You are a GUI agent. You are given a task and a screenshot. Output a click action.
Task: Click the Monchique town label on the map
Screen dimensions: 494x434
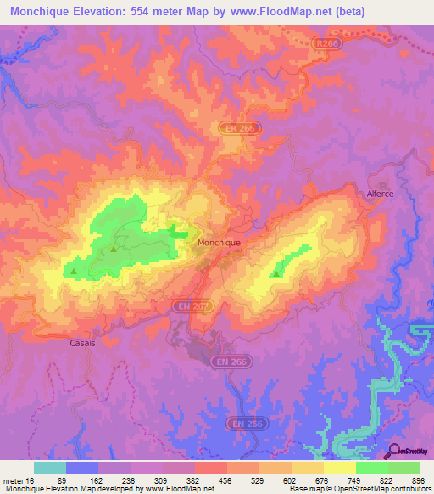tap(219, 242)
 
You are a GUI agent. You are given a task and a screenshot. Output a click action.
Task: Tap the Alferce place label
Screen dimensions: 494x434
tap(380, 194)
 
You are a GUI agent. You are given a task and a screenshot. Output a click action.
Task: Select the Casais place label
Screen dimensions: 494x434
tap(81, 344)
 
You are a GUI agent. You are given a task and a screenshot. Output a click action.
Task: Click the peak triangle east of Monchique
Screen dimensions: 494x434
tap(276, 273)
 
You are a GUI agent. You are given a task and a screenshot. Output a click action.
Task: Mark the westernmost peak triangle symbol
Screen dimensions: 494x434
tap(74, 272)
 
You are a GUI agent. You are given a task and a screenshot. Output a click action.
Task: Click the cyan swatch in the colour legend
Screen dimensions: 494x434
tap(49, 468)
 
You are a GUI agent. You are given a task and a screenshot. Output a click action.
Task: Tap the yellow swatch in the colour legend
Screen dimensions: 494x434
tap(339, 468)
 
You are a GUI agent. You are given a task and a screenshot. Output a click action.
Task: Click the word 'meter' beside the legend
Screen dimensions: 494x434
tap(14, 480)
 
